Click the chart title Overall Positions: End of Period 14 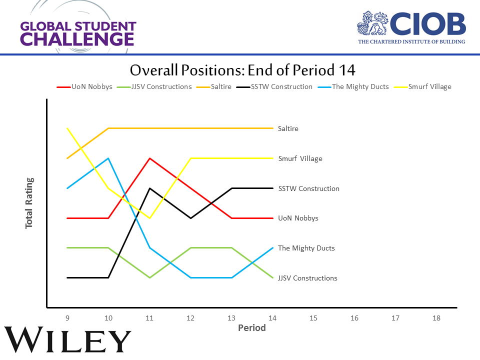242,69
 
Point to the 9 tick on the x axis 67,317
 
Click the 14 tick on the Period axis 272,317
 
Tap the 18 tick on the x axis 436,317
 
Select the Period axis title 251,328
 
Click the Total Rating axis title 29,203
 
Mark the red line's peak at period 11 149,158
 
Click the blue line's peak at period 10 108,158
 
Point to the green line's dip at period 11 149,277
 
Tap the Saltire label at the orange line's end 288,128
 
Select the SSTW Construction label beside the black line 308,188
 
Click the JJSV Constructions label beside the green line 307,278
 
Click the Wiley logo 67,341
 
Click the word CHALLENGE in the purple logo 77,38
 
